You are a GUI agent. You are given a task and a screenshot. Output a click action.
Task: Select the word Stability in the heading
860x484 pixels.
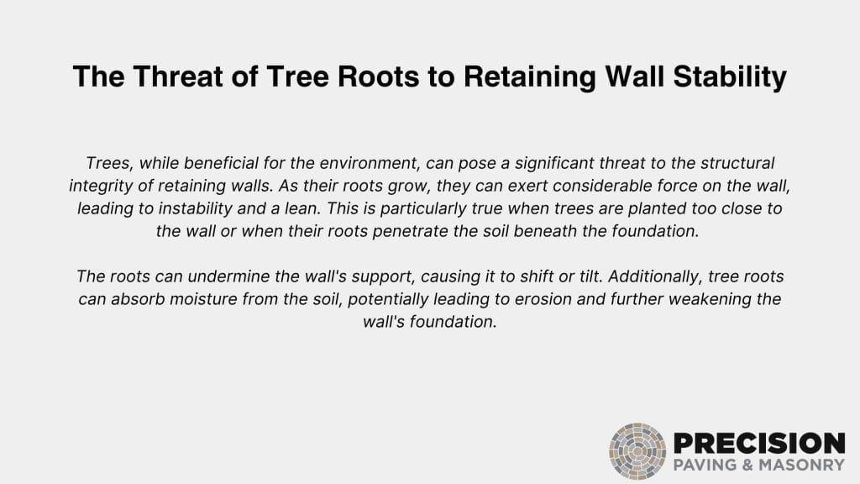point(730,77)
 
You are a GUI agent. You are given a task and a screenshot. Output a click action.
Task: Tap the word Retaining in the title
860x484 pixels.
point(530,77)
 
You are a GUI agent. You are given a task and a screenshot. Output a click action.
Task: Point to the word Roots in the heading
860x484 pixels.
point(379,76)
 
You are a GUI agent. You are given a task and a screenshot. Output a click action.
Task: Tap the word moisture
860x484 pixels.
point(203,299)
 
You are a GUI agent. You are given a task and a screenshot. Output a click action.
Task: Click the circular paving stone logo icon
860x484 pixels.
point(637,451)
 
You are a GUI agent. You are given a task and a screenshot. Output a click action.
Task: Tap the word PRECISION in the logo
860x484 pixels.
point(759,444)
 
